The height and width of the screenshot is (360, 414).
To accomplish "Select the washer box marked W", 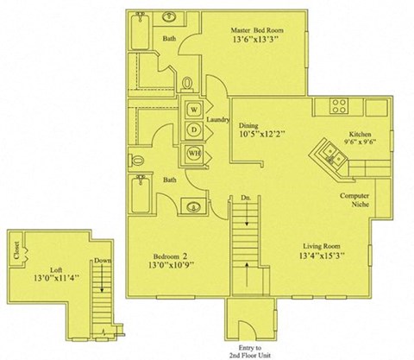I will [193, 111].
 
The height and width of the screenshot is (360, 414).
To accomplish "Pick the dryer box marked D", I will [193, 131].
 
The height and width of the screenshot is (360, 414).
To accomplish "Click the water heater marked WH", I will [193, 153].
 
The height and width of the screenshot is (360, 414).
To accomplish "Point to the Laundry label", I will [217, 120].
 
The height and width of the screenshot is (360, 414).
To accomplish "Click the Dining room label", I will [250, 124].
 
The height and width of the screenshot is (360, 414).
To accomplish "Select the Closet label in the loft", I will [17, 249].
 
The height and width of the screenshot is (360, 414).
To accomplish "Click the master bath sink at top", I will [170, 17].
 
